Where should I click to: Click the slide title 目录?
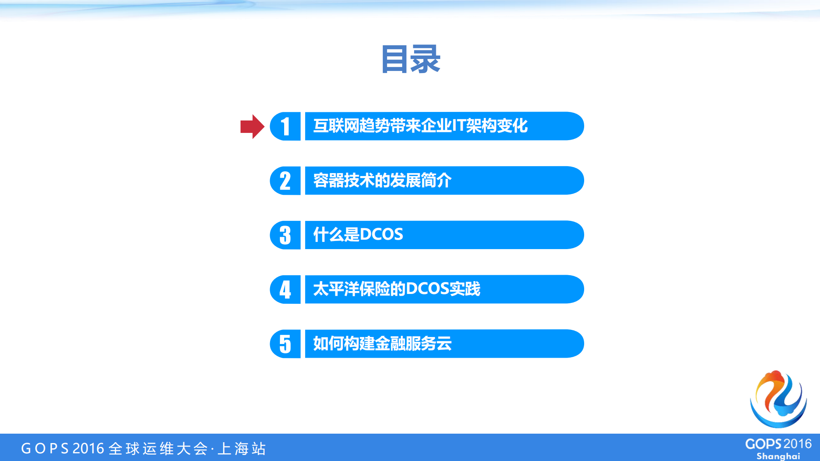pos(410,59)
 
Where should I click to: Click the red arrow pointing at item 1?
pos(252,126)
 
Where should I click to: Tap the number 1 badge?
pos(285,126)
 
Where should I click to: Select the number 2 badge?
pos(285,181)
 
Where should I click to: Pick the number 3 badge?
pos(285,235)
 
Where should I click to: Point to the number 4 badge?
pos(285,289)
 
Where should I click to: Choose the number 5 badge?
pos(285,344)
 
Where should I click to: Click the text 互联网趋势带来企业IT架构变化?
pos(420,126)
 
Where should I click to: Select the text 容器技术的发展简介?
pos(382,181)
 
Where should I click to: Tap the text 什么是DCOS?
pos(358,235)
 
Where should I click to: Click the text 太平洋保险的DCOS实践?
pos(397,289)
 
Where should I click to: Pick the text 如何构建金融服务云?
pos(382,344)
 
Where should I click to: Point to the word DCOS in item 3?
pos(382,235)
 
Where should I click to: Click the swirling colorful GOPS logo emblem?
pos(778,399)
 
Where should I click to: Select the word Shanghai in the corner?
pos(778,456)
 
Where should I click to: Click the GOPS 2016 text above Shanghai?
pos(778,444)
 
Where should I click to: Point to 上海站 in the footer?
pos(242,449)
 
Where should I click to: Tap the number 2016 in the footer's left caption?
pos(88,449)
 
